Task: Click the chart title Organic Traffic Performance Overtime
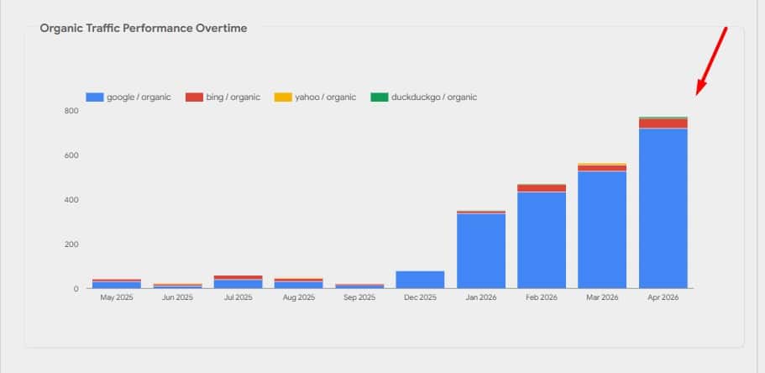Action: [x=144, y=29]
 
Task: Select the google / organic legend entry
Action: [x=128, y=97]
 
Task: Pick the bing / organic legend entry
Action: [x=223, y=97]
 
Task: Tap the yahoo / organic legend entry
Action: [x=315, y=97]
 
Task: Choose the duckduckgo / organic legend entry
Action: [x=423, y=97]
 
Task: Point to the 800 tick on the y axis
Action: [x=71, y=111]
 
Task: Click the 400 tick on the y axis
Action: [x=71, y=200]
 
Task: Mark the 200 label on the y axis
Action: [x=71, y=244]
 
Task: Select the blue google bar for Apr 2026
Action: [x=663, y=208]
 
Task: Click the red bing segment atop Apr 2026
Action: [x=663, y=123]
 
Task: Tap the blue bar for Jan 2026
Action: [x=481, y=251]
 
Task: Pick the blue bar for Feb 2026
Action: [x=542, y=240]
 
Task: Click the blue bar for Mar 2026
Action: [x=602, y=230]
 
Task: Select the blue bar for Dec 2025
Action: [x=420, y=280]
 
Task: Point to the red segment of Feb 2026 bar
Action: [x=542, y=188]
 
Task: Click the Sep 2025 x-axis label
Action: [x=359, y=297]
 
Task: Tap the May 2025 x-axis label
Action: [x=117, y=297]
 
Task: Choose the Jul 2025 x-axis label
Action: [x=238, y=297]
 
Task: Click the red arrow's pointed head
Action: [x=697, y=94]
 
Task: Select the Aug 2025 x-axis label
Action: [x=299, y=297]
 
